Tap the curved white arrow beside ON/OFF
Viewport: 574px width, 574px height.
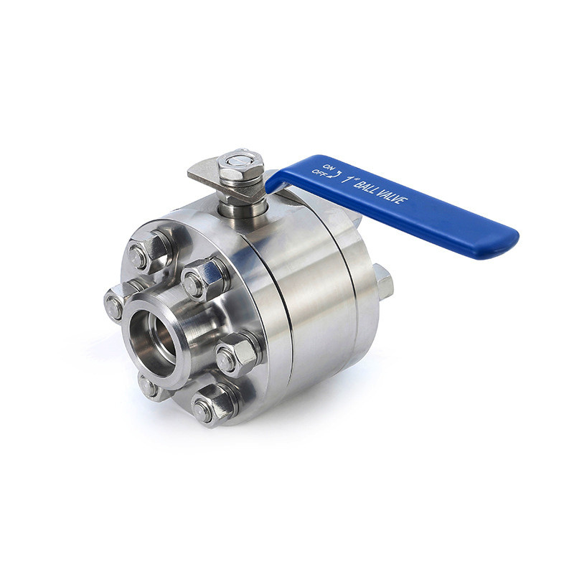335,174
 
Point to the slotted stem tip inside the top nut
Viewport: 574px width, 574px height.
240,159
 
